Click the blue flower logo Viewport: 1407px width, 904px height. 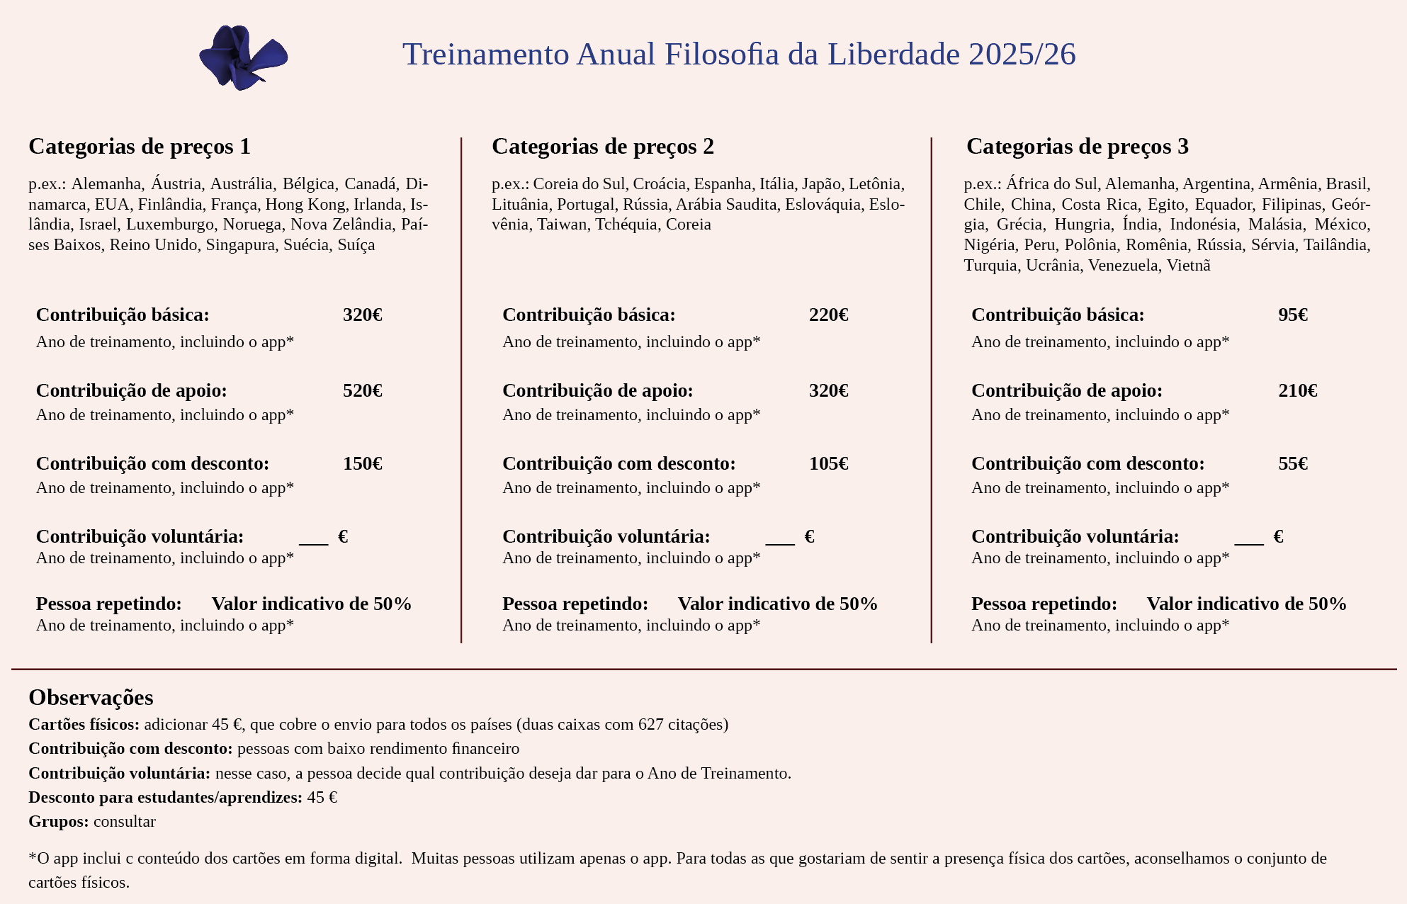pos(243,57)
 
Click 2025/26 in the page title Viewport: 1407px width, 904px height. pos(1022,55)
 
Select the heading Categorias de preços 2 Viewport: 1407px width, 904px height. pos(602,147)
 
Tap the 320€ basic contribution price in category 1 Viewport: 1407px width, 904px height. pos(362,315)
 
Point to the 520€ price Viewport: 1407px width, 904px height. pos(362,391)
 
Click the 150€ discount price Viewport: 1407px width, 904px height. pos(362,464)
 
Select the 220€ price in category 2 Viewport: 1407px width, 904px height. pos(828,315)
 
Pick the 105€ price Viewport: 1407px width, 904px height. pos(828,464)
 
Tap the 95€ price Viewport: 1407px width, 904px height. pos(1292,315)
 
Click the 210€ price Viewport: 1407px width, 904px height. pos(1297,391)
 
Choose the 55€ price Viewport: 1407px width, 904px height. pos(1292,464)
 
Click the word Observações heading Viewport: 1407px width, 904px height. pos(91,698)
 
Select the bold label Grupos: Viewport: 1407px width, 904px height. pos(59,822)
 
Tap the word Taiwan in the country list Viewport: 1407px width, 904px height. pos(562,225)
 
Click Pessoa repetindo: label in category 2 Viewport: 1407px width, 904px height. pos(575,604)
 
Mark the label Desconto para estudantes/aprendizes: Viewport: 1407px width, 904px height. pos(165,798)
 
